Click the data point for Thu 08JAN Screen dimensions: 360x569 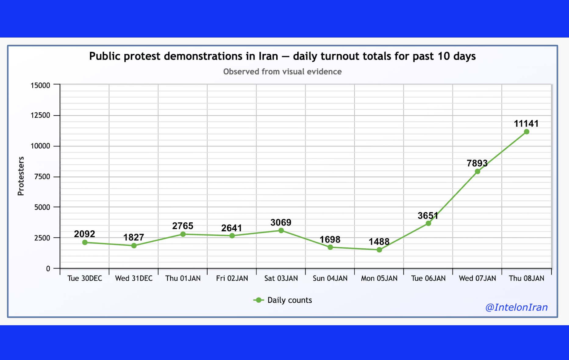526,132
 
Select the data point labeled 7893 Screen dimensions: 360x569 478,171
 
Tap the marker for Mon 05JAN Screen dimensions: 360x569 379,250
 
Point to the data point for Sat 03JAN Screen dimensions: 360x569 281,231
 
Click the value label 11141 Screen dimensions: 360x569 526,124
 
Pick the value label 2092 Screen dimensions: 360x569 84,234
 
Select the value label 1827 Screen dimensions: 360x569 134,237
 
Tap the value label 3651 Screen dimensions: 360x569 428,216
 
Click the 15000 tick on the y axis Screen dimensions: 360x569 41,85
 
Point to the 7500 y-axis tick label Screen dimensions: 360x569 42,177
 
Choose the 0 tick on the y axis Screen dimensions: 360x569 48,269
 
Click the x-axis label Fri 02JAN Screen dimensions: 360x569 232,278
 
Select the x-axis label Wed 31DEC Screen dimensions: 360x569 134,278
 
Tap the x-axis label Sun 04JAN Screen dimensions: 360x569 330,278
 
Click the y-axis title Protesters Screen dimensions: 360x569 21,176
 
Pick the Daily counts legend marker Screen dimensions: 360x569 259,300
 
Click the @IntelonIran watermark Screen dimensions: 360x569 517,307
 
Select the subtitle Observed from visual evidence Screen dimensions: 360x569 282,72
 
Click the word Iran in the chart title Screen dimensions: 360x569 268,56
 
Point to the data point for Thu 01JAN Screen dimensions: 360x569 183,234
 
